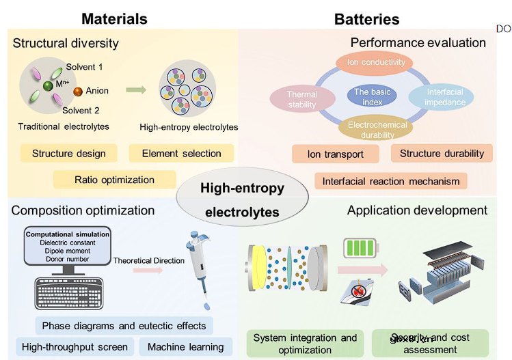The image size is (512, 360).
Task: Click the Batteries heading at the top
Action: tap(367, 19)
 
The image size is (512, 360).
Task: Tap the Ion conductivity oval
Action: tap(376, 64)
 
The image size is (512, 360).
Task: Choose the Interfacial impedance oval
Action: tap(446, 98)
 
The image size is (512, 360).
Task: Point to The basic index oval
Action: tap(372, 96)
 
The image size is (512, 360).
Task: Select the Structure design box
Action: tap(68, 153)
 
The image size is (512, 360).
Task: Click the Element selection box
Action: tap(181, 153)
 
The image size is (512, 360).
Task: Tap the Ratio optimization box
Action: tap(114, 180)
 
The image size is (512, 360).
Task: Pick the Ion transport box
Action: tap(336, 154)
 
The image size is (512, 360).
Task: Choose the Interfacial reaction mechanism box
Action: tap(391, 180)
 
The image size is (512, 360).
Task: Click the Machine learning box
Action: tap(185, 346)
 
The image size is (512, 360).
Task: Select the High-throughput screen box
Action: tap(74, 346)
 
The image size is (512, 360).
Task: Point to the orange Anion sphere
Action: tap(79, 91)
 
